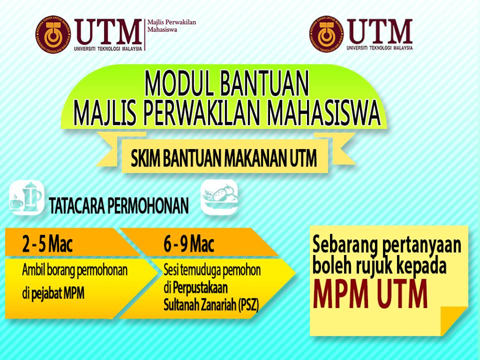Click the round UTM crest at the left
coord(53,34)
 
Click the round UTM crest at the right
coord(326,33)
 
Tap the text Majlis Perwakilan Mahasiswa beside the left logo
coord(171,25)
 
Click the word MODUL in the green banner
coord(179,84)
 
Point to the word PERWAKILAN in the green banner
coord(201,113)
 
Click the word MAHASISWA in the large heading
coord(323,113)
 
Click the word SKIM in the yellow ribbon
coord(145,158)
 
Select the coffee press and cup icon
coord(26,197)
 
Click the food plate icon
coord(219,197)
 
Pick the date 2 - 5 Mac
coord(47,244)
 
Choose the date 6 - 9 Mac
coord(189,244)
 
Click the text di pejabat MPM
coord(53,294)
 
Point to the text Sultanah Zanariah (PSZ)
coord(211,305)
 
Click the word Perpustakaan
coord(200,288)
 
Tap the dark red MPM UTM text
coord(370,293)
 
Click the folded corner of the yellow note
coord(453,319)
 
